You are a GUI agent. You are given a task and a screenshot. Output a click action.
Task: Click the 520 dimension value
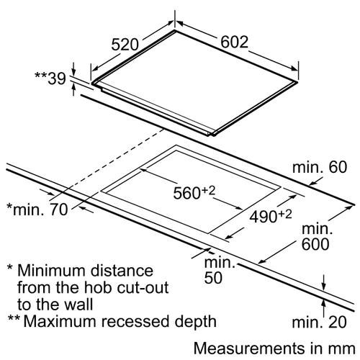tap(125, 45)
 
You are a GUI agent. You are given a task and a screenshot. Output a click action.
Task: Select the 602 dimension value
tap(234, 42)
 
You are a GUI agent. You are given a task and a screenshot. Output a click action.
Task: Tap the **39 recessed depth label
tap(50, 78)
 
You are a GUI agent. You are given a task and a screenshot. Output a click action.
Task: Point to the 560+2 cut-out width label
tap(194, 193)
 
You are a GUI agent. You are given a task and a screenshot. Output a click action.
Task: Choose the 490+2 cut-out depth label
tap(271, 216)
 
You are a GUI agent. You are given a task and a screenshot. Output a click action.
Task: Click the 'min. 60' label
tap(320, 167)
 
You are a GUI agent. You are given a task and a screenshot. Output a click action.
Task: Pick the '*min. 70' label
tap(37, 210)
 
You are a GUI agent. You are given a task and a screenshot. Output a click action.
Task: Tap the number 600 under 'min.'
tap(315, 244)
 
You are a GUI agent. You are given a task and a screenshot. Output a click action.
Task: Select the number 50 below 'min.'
tap(213, 278)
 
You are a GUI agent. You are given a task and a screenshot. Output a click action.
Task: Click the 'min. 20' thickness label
tap(319, 322)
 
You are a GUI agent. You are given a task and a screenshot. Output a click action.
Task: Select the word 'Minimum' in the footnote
tap(51, 270)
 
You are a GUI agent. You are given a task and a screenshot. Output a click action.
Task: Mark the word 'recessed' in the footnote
tap(135, 321)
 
